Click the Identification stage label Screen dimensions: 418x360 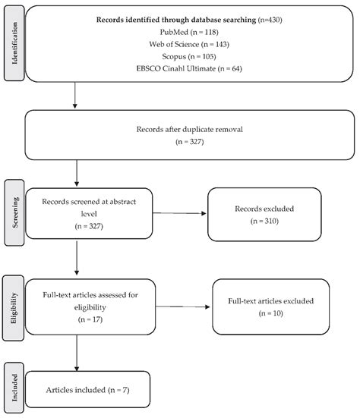tap(12, 45)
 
